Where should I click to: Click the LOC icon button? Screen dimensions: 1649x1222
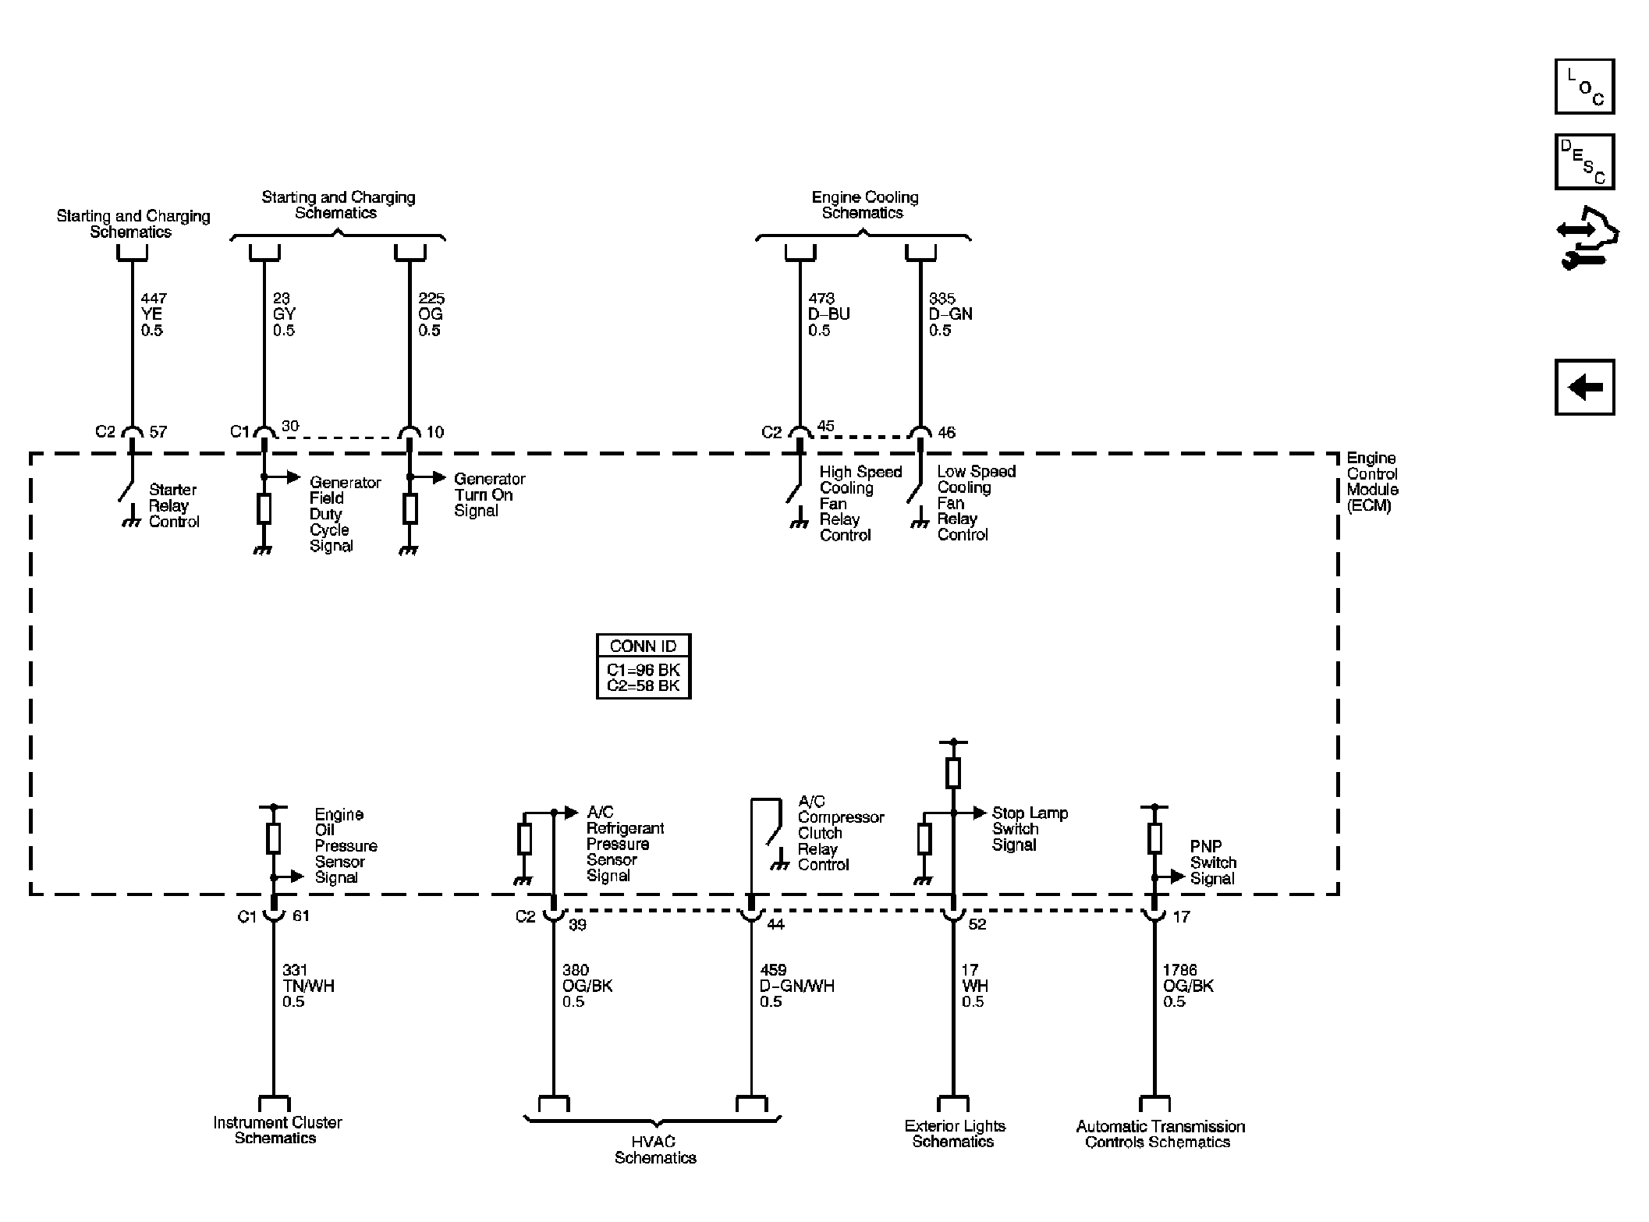click(x=1584, y=86)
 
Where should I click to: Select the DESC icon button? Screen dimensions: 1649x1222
click(x=1584, y=161)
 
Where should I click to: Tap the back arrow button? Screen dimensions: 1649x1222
click(x=1584, y=387)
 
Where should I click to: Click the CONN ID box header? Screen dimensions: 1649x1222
click(x=644, y=646)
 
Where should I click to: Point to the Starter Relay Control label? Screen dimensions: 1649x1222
click(x=174, y=505)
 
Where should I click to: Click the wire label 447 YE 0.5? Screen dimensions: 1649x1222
click(x=153, y=314)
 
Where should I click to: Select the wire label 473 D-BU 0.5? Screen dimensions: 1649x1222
click(x=828, y=314)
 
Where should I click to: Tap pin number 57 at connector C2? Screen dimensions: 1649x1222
click(x=158, y=432)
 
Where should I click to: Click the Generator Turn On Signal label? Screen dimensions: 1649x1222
click(x=490, y=494)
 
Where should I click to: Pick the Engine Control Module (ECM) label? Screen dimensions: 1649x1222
click(x=1372, y=481)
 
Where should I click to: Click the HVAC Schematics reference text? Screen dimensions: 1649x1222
click(x=655, y=1149)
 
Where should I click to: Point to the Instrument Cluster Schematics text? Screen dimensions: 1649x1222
click(x=278, y=1130)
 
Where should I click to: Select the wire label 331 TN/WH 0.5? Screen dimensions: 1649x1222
click(x=308, y=986)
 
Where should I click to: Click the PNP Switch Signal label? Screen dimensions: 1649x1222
click(x=1213, y=862)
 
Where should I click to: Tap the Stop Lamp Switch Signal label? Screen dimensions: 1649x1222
click(x=1030, y=828)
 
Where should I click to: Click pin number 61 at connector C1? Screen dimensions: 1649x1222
click(x=300, y=916)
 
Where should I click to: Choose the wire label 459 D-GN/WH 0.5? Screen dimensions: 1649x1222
click(x=796, y=986)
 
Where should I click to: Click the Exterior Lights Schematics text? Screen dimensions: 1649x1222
click(x=955, y=1134)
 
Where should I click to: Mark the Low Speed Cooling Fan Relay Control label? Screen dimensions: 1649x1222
click(x=977, y=503)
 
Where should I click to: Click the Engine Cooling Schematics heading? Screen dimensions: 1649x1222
click(x=864, y=205)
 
